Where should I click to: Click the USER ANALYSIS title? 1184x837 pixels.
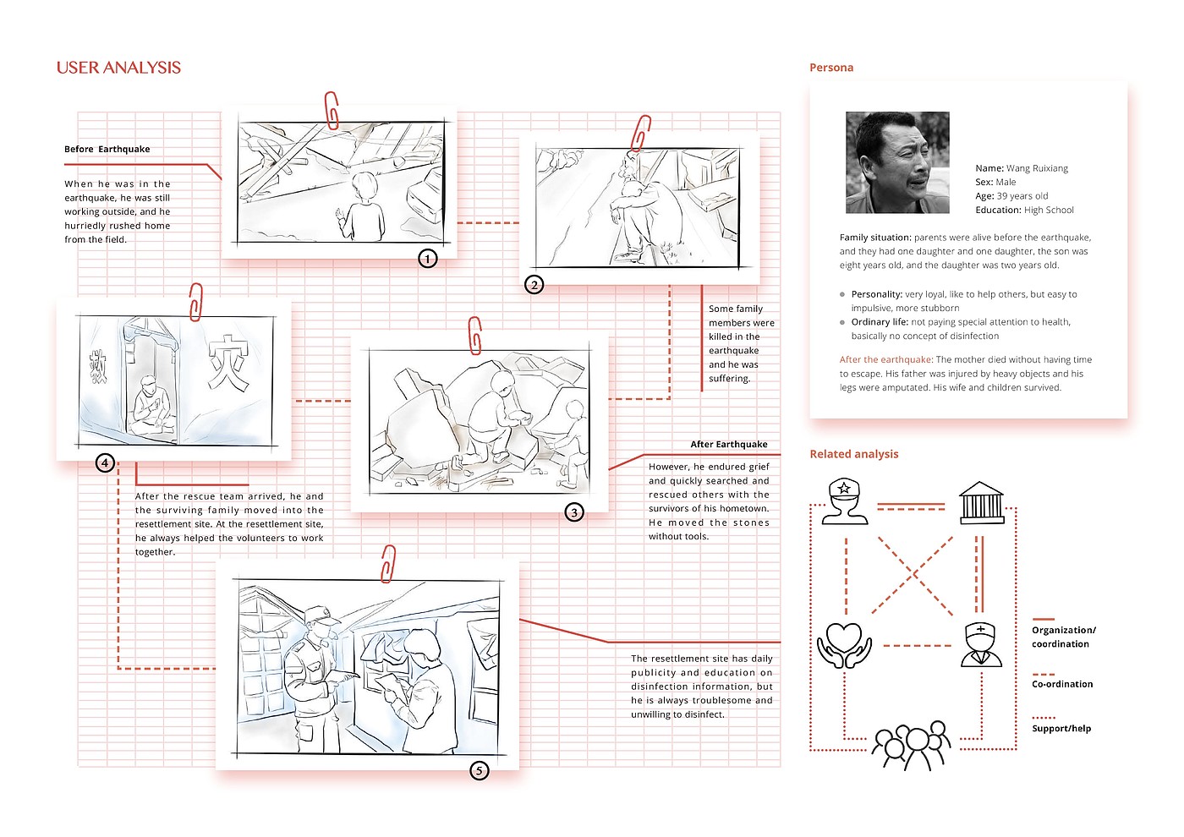[118, 68]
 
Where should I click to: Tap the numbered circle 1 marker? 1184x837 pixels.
[428, 258]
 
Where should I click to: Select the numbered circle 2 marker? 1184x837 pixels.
[534, 284]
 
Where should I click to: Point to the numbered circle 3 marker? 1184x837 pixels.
[574, 511]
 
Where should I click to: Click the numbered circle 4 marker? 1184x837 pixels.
[105, 462]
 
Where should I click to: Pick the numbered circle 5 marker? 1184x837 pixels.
[480, 770]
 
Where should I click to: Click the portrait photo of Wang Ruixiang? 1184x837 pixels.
[897, 162]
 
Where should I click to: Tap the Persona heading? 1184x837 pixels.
[831, 68]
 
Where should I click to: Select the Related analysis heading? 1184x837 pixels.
[854, 454]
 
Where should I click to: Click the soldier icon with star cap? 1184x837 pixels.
[845, 501]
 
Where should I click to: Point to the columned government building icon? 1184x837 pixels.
[981, 502]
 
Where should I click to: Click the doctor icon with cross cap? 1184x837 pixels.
[981, 645]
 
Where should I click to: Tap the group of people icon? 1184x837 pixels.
[912, 744]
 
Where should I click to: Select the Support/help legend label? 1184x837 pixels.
[1061, 728]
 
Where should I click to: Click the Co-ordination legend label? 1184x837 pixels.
[1062, 684]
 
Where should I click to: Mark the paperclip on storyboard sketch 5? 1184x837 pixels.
[388, 563]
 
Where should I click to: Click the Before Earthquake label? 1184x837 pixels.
[107, 149]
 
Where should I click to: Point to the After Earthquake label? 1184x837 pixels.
[729, 444]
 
